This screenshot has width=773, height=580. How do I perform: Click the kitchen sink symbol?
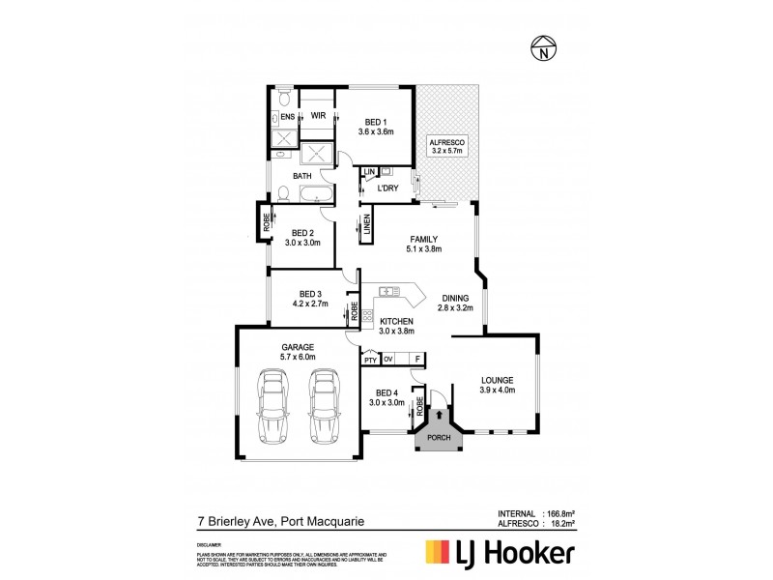tap(389, 291)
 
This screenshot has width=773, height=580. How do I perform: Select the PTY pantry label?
tap(369, 360)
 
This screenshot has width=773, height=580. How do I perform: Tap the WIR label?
tap(318, 116)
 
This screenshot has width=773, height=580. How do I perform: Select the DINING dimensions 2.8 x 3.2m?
tap(455, 308)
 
